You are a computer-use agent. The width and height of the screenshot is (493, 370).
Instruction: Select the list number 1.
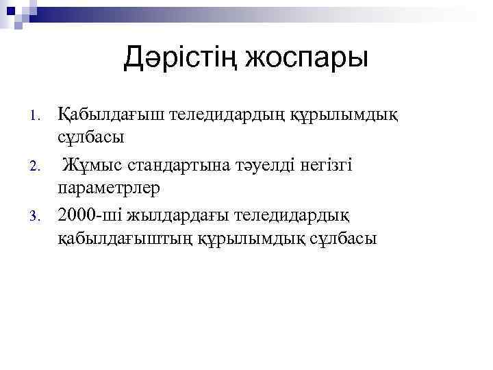[38, 115]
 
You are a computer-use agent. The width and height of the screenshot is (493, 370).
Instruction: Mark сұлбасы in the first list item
[91, 136]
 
